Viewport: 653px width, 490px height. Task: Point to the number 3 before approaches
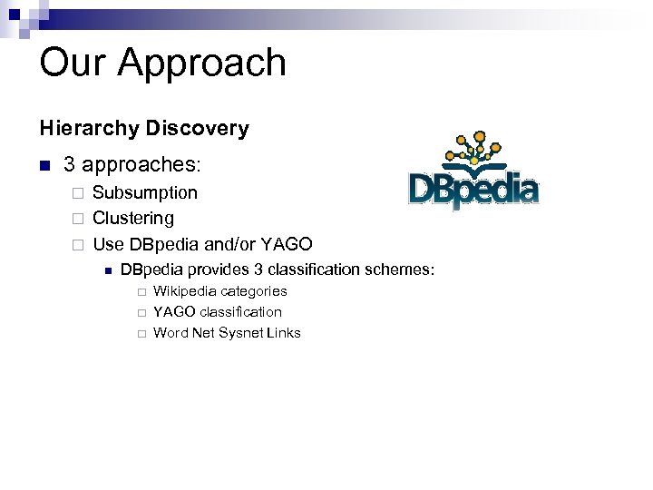pyautogui.click(x=69, y=165)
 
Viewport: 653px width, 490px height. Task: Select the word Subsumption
pyautogui.click(x=145, y=192)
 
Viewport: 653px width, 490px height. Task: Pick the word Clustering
pyautogui.click(x=133, y=219)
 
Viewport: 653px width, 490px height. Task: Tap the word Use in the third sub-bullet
pyautogui.click(x=109, y=244)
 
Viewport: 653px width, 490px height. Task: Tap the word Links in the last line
pyautogui.click(x=285, y=333)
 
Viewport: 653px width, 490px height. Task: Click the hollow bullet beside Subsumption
pyautogui.click(x=78, y=193)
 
